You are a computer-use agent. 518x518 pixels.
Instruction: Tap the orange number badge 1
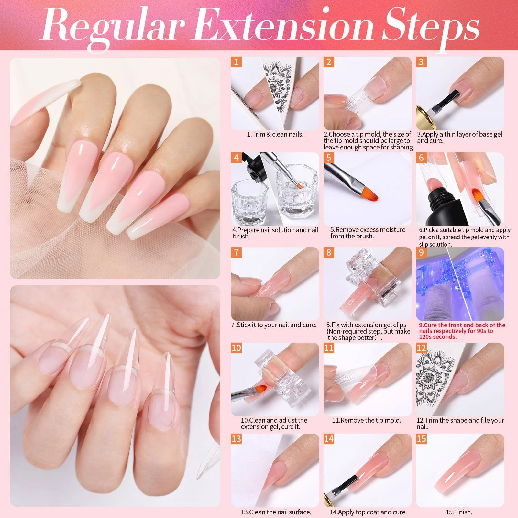point(236,62)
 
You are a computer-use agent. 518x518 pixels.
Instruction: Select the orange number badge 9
point(421,252)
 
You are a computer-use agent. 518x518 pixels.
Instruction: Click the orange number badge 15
point(421,439)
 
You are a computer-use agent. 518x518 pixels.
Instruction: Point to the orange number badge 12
point(421,348)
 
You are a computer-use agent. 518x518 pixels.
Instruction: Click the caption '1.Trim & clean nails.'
point(275,134)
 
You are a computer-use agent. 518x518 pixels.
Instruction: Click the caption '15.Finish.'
point(459,512)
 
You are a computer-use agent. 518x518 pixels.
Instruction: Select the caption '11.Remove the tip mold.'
point(367,420)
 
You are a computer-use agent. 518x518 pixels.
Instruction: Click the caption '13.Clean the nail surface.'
point(276,512)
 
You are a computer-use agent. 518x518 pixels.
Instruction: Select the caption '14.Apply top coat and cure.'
point(368,512)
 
